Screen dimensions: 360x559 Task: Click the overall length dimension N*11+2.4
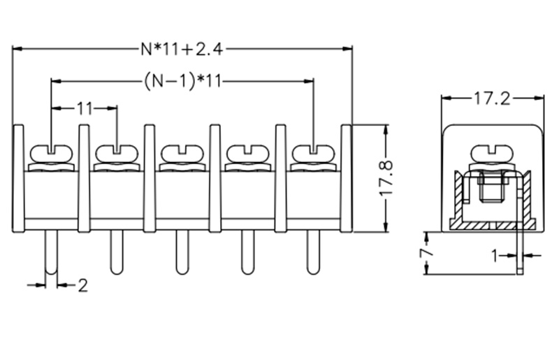pyautogui.click(x=182, y=48)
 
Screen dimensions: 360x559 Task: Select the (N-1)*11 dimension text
pyautogui.click(x=182, y=80)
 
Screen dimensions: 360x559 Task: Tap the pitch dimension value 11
pyautogui.click(x=84, y=108)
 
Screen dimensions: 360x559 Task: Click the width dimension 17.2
pyautogui.click(x=491, y=99)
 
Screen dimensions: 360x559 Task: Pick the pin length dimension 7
pyautogui.click(x=424, y=252)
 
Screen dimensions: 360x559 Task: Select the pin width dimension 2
pyautogui.click(x=82, y=285)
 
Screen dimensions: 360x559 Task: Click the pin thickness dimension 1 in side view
pyautogui.click(x=495, y=257)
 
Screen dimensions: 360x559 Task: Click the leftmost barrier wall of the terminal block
pyautogui.click(x=19, y=178)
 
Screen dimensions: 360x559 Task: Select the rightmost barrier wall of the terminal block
pyautogui.click(x=346, y=178)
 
